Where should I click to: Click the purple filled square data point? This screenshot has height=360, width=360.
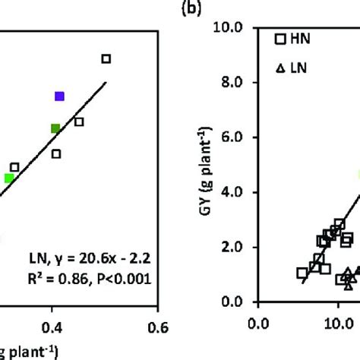[x=59, y=96]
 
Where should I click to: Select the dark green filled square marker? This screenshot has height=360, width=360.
[x=55, y=128]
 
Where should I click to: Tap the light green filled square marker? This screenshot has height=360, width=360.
[x=9, y=178]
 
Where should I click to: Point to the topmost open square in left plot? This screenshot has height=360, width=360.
[x=106, y=58]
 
